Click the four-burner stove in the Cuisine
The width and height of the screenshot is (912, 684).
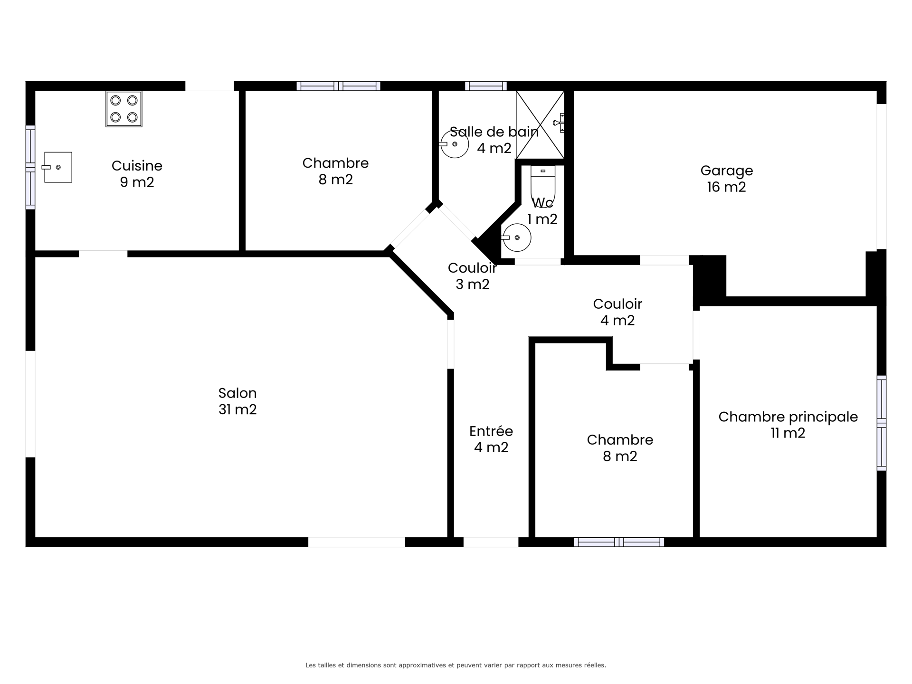coord(124,109)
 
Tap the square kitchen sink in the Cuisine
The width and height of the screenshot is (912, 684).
coord(58,167)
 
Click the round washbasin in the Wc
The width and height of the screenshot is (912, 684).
coord(517,237)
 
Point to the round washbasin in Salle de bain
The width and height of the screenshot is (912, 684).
coord(455,144)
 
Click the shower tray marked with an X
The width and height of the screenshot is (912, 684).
coord(540,124)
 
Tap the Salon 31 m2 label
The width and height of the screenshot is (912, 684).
coord(237,401)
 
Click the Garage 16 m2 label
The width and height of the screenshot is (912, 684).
coord(726,179)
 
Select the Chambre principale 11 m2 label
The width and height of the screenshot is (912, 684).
coord(788,425)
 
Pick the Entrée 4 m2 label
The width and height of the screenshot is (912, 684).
coord(491,439)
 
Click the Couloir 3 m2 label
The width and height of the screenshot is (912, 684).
coord(472,276)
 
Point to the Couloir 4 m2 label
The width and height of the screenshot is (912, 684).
coord(617,312)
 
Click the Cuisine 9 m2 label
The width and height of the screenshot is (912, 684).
coord(137,174)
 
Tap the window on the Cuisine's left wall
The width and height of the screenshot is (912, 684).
coord(30,167)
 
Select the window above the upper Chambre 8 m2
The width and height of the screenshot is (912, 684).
coord(338,86)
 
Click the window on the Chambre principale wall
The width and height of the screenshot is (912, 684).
coord(881,423)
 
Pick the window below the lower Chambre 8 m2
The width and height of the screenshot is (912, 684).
coord(618,542)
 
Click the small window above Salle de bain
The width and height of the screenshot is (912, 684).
coord(485,86)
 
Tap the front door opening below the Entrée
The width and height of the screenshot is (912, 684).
coord(491,542)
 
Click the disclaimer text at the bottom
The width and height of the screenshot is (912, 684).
coord(456,665)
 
